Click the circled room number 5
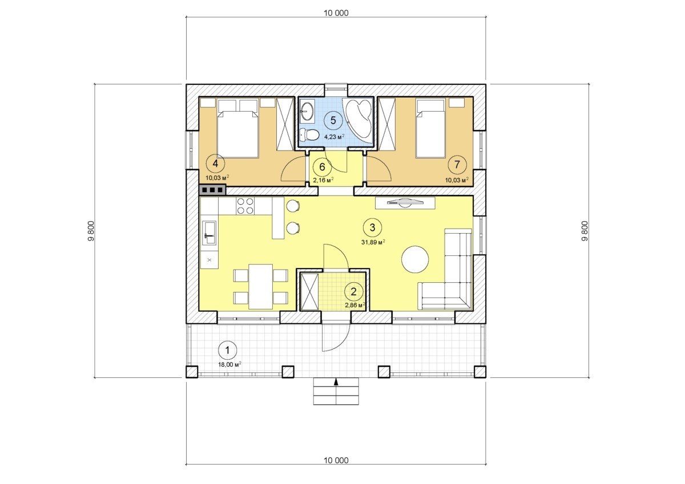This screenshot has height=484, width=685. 333,120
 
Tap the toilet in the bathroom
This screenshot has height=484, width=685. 309,135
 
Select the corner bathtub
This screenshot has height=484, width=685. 358,119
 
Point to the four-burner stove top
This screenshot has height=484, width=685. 245,206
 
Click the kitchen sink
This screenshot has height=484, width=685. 210,233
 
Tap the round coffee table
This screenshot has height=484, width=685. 414,259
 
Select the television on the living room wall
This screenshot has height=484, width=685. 405,202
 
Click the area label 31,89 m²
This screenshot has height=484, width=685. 373,242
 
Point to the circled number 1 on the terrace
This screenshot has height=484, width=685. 228,350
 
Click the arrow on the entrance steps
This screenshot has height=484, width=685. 336,382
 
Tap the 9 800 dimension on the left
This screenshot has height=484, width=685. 91,231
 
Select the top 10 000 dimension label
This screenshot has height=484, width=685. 336,13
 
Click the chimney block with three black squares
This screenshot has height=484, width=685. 212,190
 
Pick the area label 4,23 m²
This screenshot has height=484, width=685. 335,137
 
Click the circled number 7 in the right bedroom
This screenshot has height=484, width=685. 457,165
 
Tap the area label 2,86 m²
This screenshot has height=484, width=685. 355,305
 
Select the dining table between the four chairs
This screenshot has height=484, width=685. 260,287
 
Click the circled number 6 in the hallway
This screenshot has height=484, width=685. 322,167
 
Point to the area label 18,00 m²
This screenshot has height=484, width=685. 229,364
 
